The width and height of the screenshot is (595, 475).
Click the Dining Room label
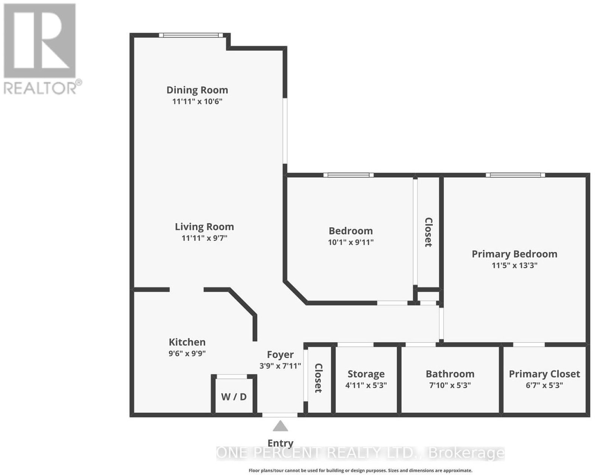click(197, 90)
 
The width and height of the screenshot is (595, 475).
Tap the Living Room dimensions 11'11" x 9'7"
click(204, 238)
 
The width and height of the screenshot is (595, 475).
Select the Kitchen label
click(187, 342)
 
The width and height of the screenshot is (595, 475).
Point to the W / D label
click(234, 397)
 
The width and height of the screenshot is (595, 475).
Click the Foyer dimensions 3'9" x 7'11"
click(280, 366)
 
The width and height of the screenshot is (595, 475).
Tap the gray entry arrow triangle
click(280, 426)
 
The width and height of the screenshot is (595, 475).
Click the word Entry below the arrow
click(280, 443)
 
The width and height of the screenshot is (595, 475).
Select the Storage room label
click(366, 374)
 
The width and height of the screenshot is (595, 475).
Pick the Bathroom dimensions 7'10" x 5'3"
click(450, 385)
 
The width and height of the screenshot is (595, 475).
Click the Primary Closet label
click(544, 374)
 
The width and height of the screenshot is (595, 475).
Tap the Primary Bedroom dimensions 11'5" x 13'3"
click(515, 266)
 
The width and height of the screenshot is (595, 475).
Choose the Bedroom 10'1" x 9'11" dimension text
click(351, 242)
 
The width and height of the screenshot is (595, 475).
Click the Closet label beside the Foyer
click(319, 378)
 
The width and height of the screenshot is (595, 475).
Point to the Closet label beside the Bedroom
click(428, 232)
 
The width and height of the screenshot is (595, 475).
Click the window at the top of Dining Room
click(191, 35)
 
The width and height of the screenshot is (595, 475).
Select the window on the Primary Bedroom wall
click(515, 175)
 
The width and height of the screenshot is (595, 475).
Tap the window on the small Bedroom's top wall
click(348, 175)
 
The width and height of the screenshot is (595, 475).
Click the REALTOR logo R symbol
click(39, 40)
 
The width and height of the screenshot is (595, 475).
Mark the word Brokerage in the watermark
click(466, 453)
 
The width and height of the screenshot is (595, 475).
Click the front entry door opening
click(280, 415)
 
